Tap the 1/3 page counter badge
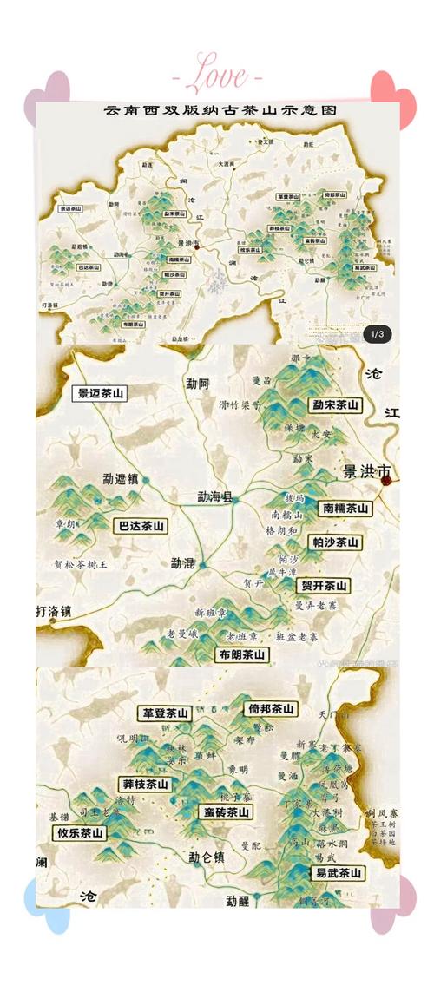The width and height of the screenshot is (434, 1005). [x=378, y=333]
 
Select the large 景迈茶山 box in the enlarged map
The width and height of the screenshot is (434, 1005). [x=99, y=393]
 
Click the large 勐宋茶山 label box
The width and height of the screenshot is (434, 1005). [x=336, y=404]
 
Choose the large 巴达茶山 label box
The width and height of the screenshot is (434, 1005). [x=140, y=526]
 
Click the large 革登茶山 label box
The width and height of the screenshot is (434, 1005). [x=166, y=713]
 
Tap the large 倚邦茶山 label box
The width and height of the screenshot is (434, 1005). [x=271, y=708]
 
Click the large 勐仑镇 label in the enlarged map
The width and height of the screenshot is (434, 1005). [x=207, y=857]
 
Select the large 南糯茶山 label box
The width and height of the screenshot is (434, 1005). [x=344, y=509]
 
